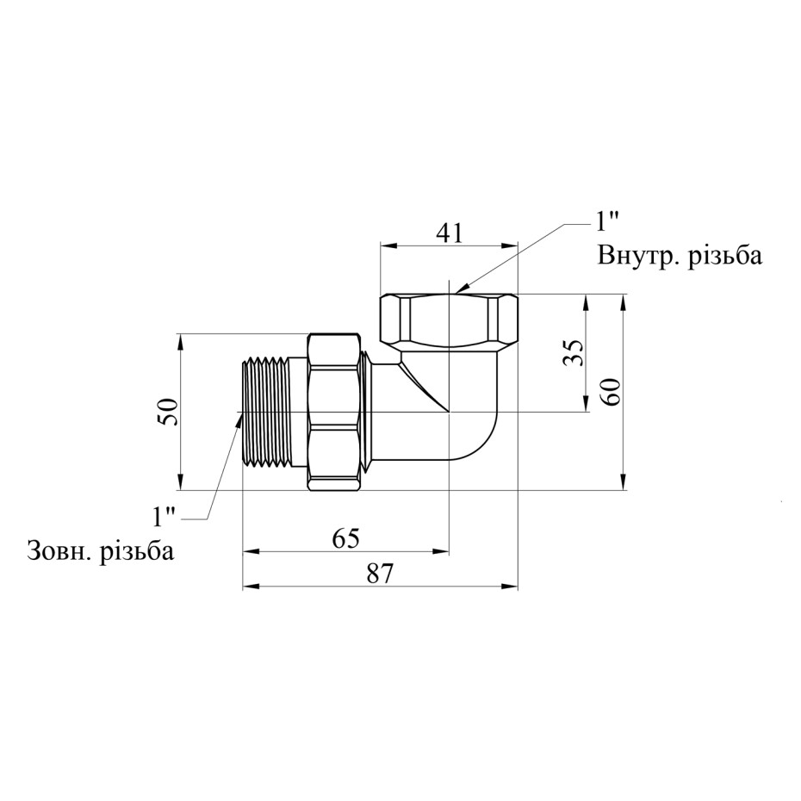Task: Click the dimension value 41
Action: pos(449,233)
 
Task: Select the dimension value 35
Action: pos(572,352)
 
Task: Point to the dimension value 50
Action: pos(169,412)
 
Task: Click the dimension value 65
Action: pos(346,538)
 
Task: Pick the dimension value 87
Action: pos(381,574)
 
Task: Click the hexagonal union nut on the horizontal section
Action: pos(334,412)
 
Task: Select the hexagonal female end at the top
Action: pos(449,320)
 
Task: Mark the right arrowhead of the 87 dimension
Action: pos(511,587)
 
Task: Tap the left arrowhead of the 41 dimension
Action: pos(388,245)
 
